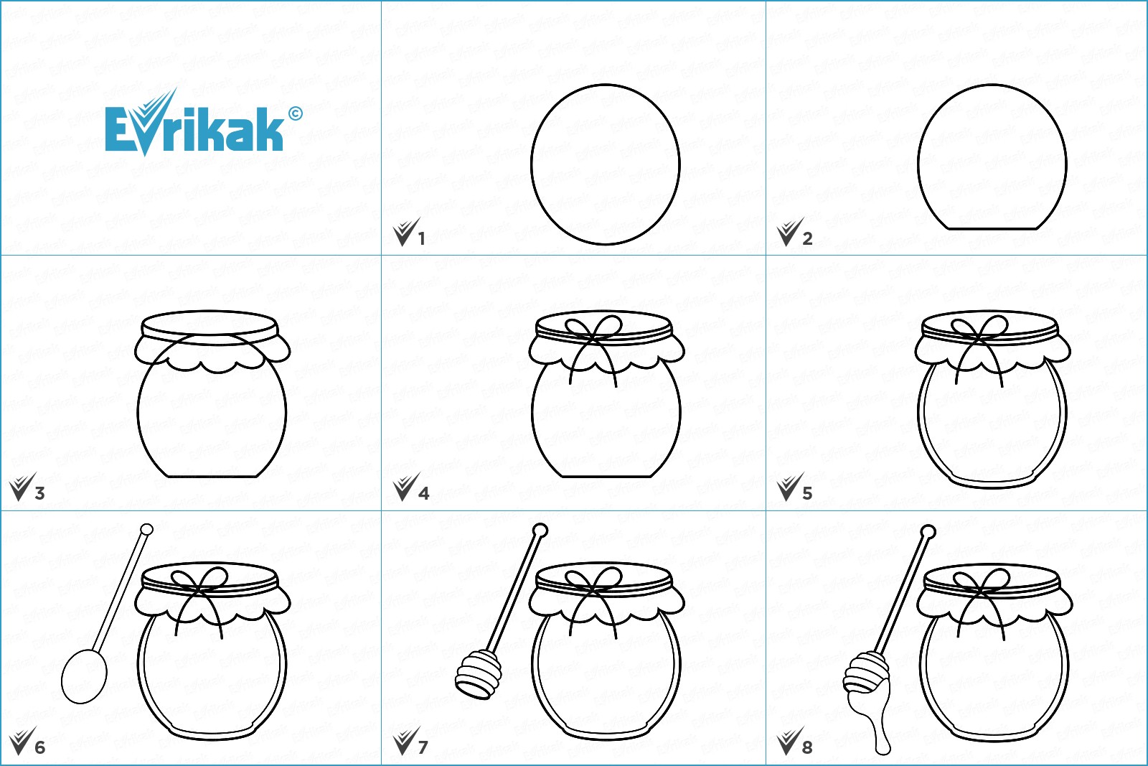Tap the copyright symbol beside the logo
click(295, 113)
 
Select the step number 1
click(421, 238)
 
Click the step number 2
click(807, 238)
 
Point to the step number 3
click(39, 493)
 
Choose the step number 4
click(423, 493)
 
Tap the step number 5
click(807, 493)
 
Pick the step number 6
click(39, 747)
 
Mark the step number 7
click(423, 747)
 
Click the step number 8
click(807, 747)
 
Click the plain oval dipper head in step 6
click(85, 676)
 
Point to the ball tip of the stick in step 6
click(146, 530)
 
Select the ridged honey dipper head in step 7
click(478, 674)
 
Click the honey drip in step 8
click(880, 725)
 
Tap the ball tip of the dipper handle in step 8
click(928, 533)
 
